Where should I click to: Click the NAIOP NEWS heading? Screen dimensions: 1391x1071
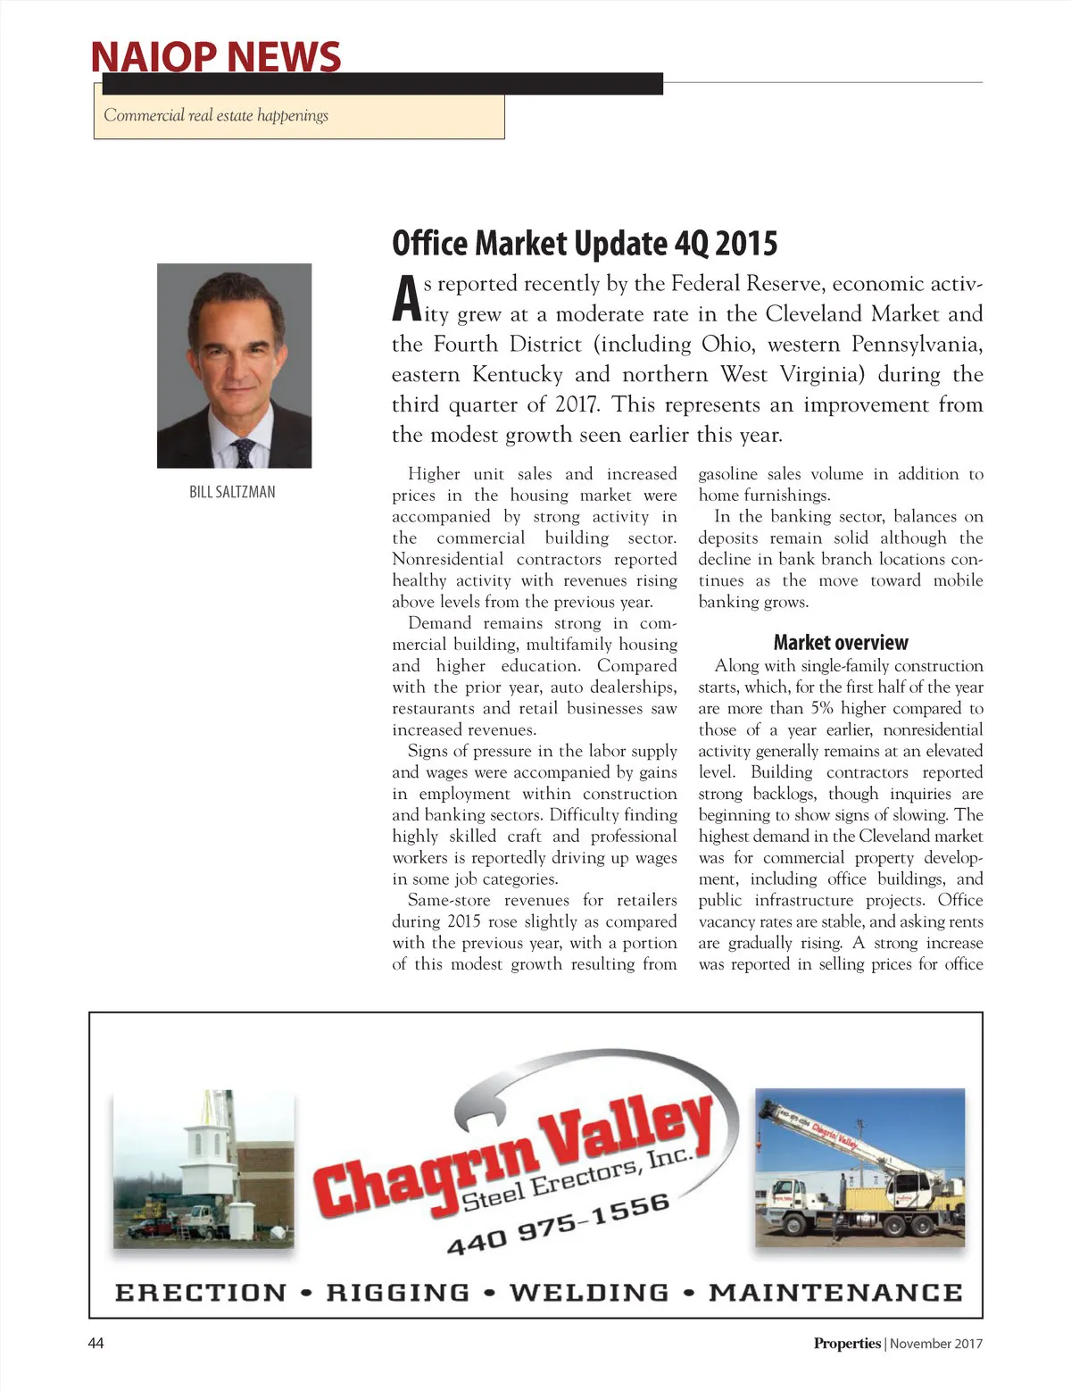click(215, 56)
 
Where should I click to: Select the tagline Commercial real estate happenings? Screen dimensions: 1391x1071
click(216, 115)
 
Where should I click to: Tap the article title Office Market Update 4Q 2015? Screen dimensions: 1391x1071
click(585, 243)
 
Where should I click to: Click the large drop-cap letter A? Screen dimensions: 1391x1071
click(406, 299)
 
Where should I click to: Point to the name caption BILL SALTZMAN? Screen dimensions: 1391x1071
click(232, 492)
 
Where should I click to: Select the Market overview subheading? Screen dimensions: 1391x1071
click(840, 643)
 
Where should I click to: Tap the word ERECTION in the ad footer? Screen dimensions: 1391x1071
click(201, 1292)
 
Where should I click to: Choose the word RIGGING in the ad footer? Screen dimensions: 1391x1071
click(398, 1292)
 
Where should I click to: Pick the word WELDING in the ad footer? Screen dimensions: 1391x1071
click(589, 1292)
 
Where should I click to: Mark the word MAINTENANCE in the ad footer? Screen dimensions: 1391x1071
click(835, 1292)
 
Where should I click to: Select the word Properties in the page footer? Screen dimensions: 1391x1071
click(846, 1344)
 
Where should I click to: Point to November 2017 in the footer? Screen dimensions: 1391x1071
click(935, 1344)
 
